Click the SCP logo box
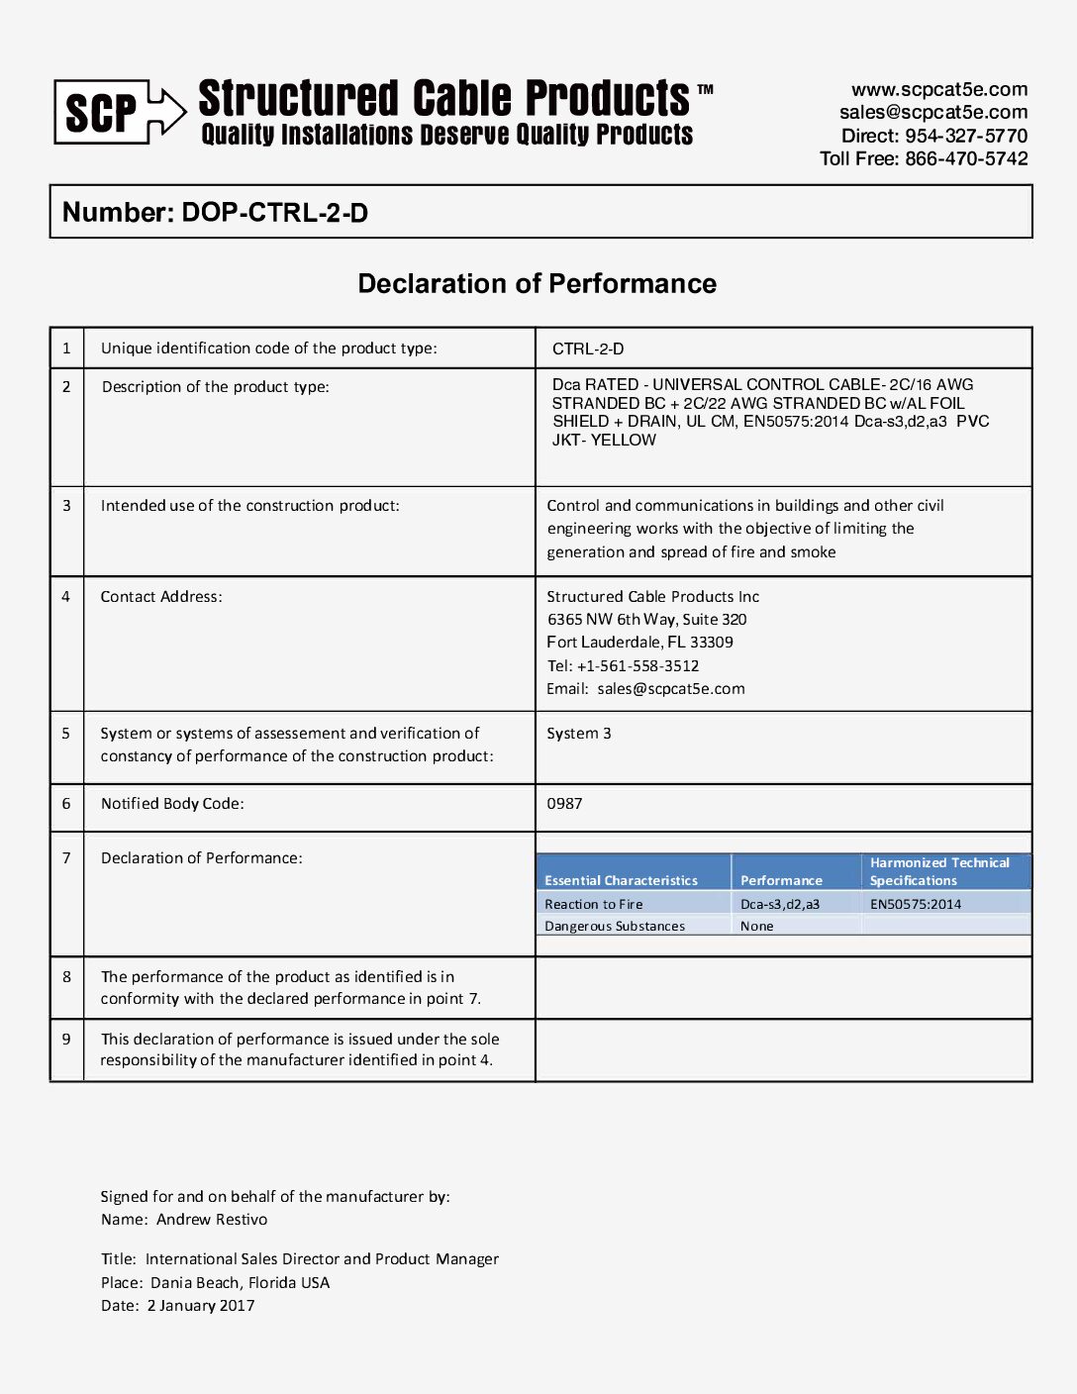coord(101,112)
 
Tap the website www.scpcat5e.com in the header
coord(938,89)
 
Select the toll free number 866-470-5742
coord(966,158)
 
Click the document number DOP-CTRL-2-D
coord(274,213)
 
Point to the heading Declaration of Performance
coord(537,284)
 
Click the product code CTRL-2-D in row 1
coord(588,348)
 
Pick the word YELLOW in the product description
coord(624,441)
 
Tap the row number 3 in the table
coord(66,506)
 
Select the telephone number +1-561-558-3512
coord(637,666)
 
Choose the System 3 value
coord(579,734)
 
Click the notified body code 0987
coord(564,804)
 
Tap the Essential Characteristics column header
coord(621,880)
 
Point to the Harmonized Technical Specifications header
coord(938,871)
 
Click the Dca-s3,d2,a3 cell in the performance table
coord(780,904)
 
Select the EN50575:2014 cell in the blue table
coord(916,904)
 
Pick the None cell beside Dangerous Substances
coord(757,927)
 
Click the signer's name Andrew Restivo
coord(212,1220)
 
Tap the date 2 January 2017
coord(201,1306)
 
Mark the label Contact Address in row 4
coord(161,597)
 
